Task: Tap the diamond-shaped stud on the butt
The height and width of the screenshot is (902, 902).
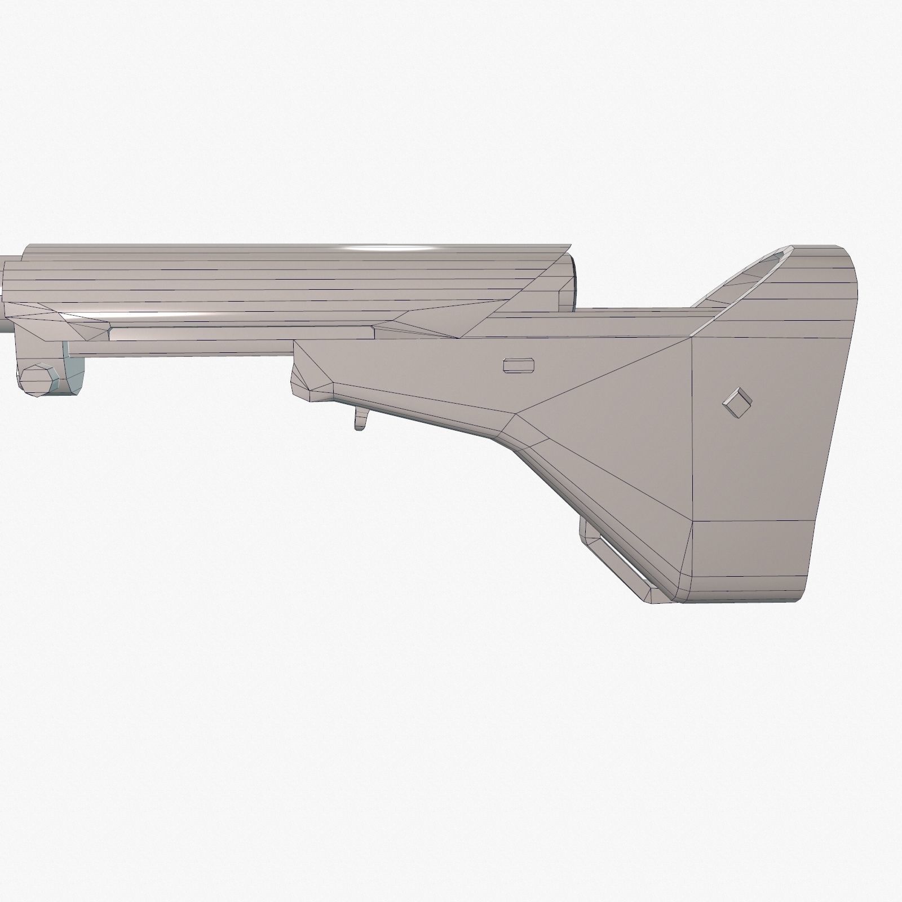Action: (737, 403)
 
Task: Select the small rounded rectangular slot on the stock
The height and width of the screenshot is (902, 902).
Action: (518, 365)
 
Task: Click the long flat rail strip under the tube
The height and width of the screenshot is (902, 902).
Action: (242, 334)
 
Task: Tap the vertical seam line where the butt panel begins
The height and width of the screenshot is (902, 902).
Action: (692, 428)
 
